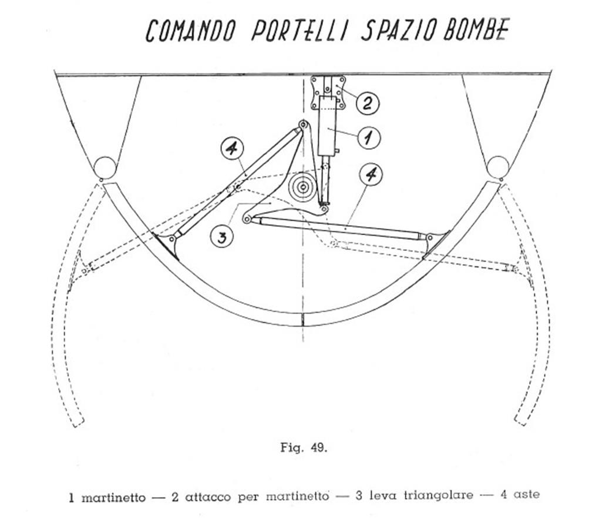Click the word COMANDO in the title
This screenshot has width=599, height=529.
click(x=190, y=31)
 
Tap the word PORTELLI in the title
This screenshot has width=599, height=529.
click(x=300, y=30)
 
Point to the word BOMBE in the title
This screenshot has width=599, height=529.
click(x=476, y=29)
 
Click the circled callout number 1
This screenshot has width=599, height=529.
click(x=369, y=137)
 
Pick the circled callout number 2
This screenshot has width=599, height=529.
click(x=367, y=103)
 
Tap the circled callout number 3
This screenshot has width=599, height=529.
click(x=222, y=237)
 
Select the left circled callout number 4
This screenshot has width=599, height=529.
click(x=233, y=148)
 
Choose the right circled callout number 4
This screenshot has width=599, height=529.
click(x=371, y=175)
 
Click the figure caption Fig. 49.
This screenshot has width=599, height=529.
click(x=304, y=447)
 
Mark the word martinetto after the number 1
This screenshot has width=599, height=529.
click(x=113, y=498)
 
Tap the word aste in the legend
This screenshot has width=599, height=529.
click(x=526, y=494)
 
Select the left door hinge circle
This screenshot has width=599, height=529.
click(x=105, y=168)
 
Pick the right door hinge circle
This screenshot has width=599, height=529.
click(x=497, y=167)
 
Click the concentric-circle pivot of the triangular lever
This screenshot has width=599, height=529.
click(x=303, y=188)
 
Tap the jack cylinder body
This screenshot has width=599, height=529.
click(x=327, y=126)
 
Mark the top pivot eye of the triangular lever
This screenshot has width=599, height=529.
click(x=304, y=125)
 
